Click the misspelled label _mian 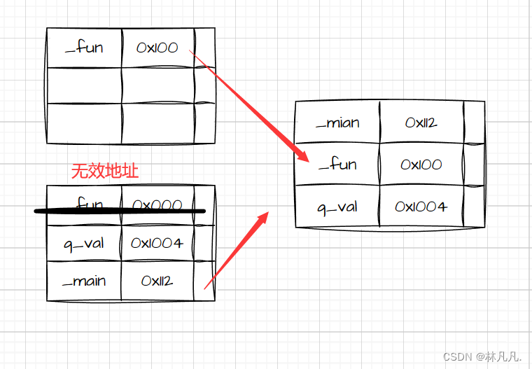(x=337, y=123)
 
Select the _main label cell (x=84, y=281)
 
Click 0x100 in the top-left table (x=157, y=48)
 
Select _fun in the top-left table (x=83, y=48)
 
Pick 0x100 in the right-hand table (x=421, y=165)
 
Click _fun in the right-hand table (x=337, y=165)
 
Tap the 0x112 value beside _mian (x=421, y=123)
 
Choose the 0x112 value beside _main (x=157, y=281)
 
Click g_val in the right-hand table (x=337, y=207)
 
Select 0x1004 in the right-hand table (x=421, y=207)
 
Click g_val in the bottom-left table (x=84, y=243)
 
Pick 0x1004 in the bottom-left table (x=157, y=243)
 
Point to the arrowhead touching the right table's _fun (x=302, y=155)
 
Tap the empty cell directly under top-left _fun (x=84, y=85)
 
